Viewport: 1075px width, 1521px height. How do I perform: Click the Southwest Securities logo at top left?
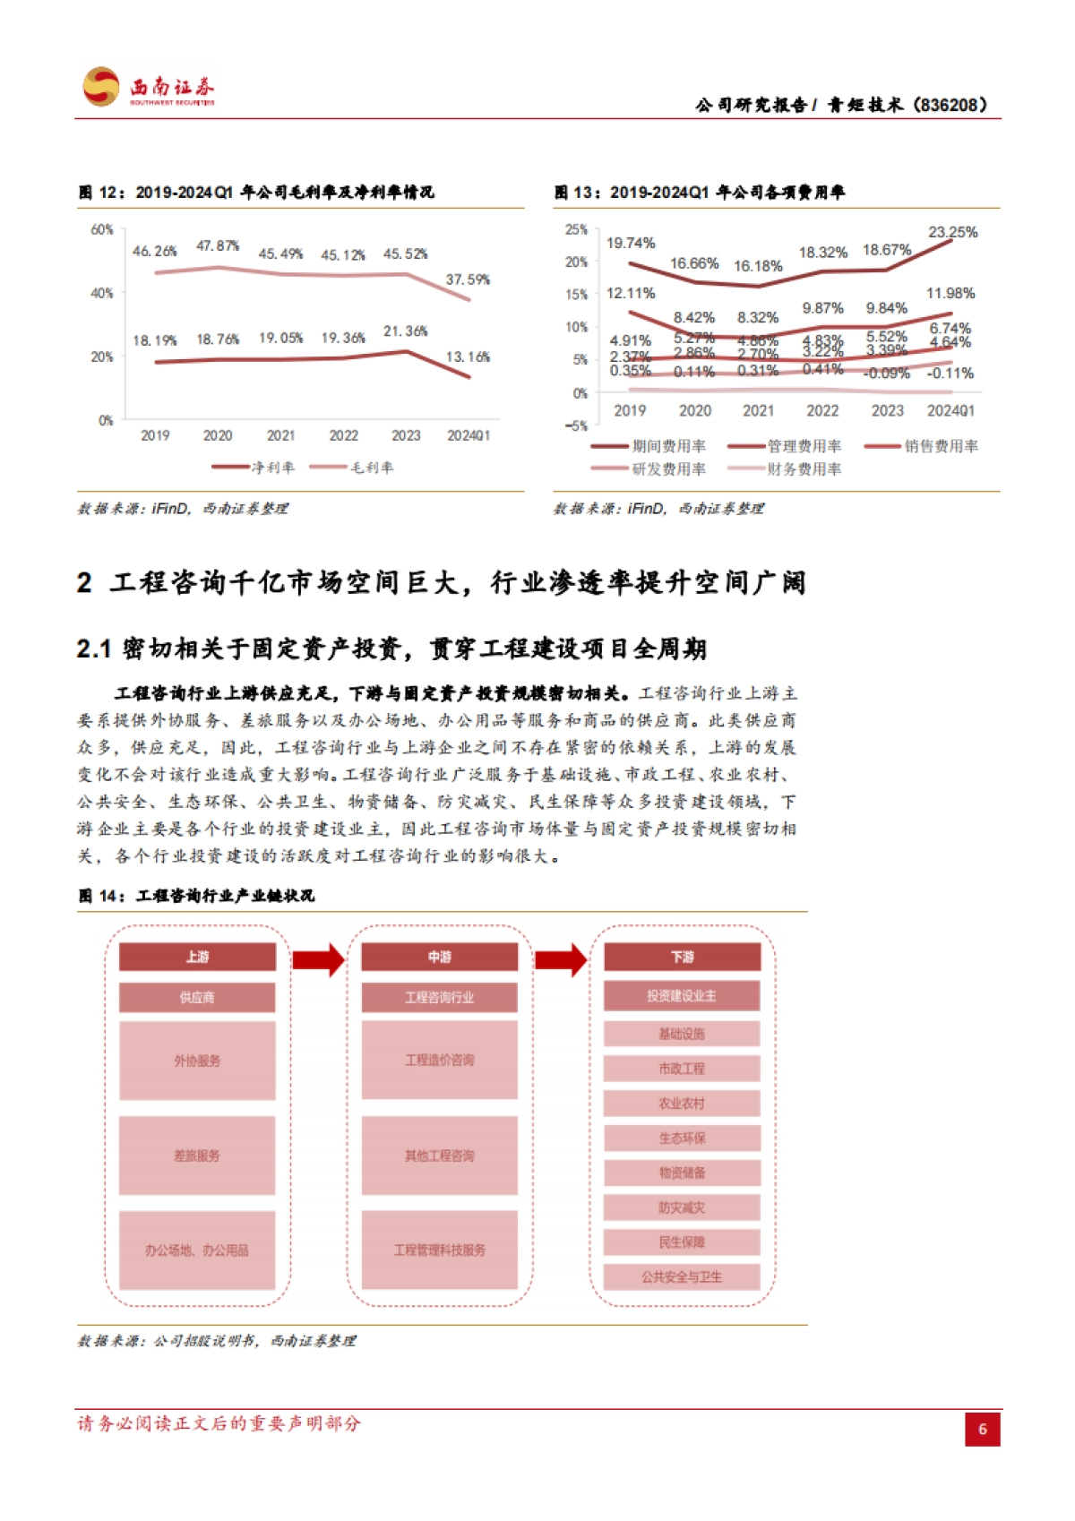tap(148, 88)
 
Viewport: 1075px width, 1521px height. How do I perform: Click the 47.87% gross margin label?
tap(218, 245)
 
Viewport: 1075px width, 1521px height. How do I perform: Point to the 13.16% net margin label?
tap(468, 357)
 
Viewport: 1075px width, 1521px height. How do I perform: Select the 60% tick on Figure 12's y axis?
tap(101, 229)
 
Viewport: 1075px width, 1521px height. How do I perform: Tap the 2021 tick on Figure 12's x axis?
tap(280, 435)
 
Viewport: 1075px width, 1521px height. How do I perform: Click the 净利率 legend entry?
tap(254, 467)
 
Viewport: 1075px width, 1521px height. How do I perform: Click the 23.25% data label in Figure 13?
tap(952, 232)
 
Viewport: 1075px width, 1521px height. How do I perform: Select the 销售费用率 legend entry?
tap(922, 446)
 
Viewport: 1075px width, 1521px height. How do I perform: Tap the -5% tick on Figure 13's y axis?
tap(576, 425)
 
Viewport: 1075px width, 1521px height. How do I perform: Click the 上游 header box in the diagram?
tap(197, 957)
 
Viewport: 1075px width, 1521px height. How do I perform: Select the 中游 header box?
tap(439, 957)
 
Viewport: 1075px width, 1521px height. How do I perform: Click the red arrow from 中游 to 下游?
tap(561, 959)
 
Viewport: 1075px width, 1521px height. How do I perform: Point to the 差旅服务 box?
tap(197, 1156)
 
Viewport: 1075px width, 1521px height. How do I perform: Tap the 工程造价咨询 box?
tap(439, 1060)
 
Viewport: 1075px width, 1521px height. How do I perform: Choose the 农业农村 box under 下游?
tap(682, 1104)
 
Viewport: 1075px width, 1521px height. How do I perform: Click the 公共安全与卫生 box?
tap(682, 1276)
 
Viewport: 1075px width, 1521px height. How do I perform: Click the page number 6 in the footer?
tap(982, 1429)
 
